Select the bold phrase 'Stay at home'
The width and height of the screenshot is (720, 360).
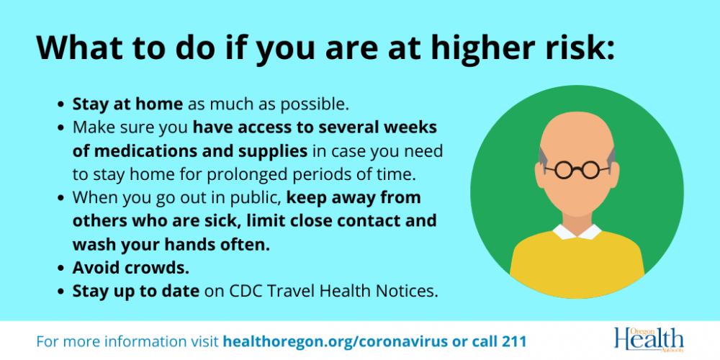click(127, 104)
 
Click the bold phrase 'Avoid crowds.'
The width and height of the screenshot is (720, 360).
click(131, 268)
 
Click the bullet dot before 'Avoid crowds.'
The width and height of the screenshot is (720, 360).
click(60, 269)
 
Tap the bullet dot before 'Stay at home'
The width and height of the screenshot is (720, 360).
click(60, 105)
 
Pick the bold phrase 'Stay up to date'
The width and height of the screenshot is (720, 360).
click(136, 291)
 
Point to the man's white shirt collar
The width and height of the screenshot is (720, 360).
click(577, 232)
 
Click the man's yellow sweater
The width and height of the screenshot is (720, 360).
click(577, 262)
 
